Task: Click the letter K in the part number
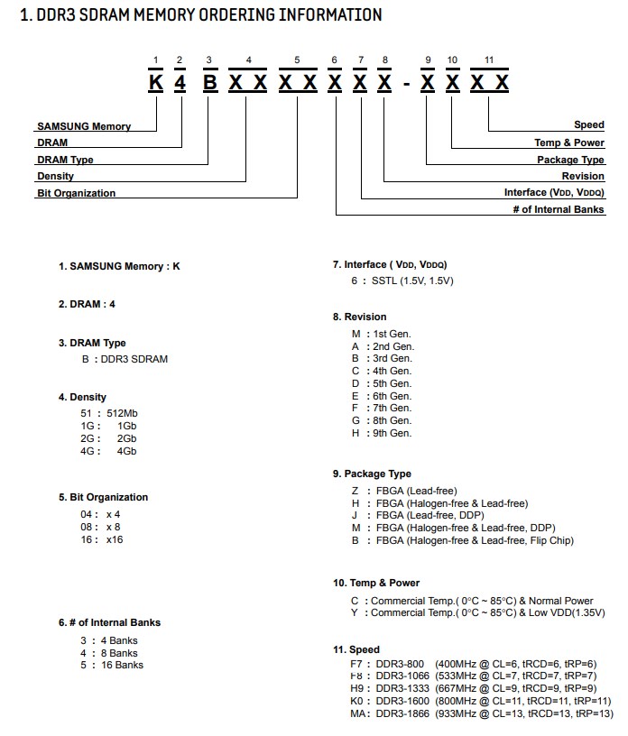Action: pyautogui.click(x=156, y=83)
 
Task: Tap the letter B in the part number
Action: pyautogui.click(x=209, y=83)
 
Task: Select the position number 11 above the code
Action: pyautogui.click(x=489, y=60)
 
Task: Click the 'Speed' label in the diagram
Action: pyautogui.click(x=589, y=125)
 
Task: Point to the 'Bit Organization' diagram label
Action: pyautogui.click(x=77, y=193)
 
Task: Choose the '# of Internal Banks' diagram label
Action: pyautogui.click(x=559, y=210)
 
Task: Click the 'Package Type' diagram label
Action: pyautogui.click(x=570, y=160)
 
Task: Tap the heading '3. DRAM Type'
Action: pyautogui.click(x=92, y=343)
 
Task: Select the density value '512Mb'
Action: pyautogui.click(x=122, y=413)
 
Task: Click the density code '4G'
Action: pyautogui.click(x=88, y=451)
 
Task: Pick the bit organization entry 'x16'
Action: pyautogui.click(x=115, y=539)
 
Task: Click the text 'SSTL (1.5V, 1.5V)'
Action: pyautogui.click(x=412, y=281)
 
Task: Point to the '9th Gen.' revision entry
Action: pyautogui.click(x=392, y=433)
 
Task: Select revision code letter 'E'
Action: pyautogui.click(x=356, y=396)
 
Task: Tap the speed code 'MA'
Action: pyautogui.click(x=358, y=713)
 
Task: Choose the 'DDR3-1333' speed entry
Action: pyautogui.click(x=400, y=688)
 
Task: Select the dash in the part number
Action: pyautogui.click(x=406, y=84)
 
